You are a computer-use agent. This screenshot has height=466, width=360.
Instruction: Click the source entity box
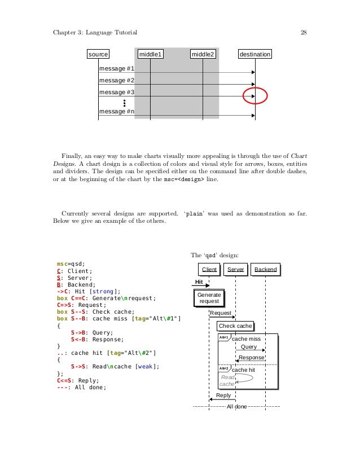click(x=98, y=54)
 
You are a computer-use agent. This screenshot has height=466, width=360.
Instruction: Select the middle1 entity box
click(x=151, y=54)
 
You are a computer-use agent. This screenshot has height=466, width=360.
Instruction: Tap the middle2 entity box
click(x=203, y=54)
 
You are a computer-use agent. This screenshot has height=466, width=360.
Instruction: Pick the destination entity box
click(x=255, y=54)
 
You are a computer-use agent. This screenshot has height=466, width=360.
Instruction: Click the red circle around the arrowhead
click(x=254, y=96)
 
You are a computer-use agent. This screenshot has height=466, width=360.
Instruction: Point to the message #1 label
click(x=116, y=69)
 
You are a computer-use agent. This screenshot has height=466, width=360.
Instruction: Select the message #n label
click(x=116, y=111)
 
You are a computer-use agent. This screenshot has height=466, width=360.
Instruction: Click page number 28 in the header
click(x=303, y=32)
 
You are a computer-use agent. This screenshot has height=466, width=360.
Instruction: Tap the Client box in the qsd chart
click(x=209, y=270)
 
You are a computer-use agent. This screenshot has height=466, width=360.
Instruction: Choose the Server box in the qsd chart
click(x=235, y=270)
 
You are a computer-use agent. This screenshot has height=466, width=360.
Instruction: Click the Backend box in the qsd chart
click(x=265, y=270)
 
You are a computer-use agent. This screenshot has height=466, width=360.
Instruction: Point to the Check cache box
click(x=235, y=326)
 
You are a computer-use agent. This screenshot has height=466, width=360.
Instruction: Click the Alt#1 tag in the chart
click(x=223, y=337)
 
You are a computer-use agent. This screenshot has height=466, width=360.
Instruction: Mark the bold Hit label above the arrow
click(x=199, y=282)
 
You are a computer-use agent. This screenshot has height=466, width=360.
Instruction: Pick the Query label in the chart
click(x=249, y=347)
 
